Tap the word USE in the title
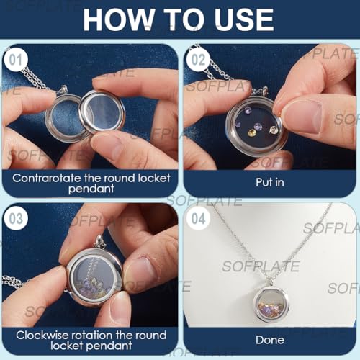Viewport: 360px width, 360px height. (x=244, y=19)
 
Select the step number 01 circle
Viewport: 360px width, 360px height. (x=16, y=60)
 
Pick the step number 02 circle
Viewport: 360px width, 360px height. (x=198, y=60)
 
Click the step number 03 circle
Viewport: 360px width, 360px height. (x=16, y=218)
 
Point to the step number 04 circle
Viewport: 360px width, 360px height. (x=198, y=218)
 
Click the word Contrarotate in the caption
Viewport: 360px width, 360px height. (x=47, y=178)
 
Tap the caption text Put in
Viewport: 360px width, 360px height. (x=270, y=182)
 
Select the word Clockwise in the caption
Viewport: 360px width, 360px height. (x=42, y=336)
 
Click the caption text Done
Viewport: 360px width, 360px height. (x=270, y=340)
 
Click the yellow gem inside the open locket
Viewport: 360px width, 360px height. (x=252, y=132)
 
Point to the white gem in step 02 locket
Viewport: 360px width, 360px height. (x=273, y=130)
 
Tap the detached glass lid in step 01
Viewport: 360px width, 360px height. (x=102, y=112)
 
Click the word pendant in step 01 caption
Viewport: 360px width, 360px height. (x=91, y=189)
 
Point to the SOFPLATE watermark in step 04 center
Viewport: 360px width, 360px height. (x=261, y=266)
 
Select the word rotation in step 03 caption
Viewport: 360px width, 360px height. (x=92, y=336)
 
